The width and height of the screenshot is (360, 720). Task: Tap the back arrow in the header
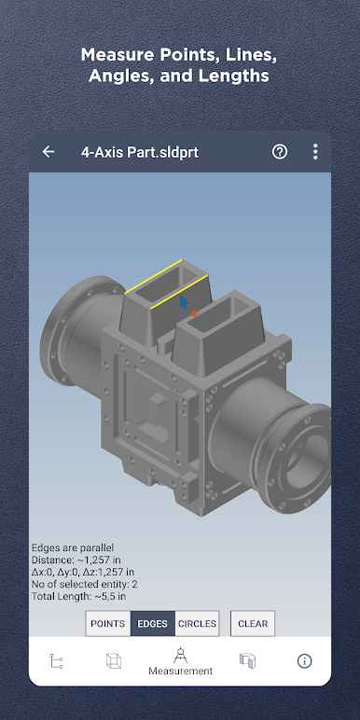[48, 152]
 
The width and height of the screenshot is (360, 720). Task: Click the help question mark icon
[280, 152]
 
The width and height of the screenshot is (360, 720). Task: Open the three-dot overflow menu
[315, 151]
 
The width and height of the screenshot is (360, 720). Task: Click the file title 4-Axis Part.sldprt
[140, 152]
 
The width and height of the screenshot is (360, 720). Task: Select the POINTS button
[108, 624]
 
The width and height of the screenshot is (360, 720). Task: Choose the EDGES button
[153, 624]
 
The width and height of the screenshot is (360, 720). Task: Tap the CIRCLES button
[197, 624]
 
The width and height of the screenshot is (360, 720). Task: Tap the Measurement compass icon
[180, 656]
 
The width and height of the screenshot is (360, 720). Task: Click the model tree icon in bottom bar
[56, 661]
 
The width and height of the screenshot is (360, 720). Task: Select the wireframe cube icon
[113, 660]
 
